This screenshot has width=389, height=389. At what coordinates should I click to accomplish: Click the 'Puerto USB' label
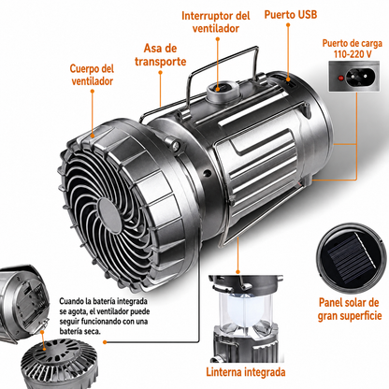coord(291,14)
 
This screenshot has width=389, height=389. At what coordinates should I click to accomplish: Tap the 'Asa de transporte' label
coord(161,55)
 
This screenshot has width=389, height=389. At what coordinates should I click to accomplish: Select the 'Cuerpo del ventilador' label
coord(92,75)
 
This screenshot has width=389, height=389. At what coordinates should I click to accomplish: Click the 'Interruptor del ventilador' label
coord(216,22)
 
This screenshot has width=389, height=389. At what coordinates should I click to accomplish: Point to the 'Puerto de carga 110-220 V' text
coord(353,49)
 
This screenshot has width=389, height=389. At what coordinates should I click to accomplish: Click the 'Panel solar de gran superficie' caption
coord(350,309)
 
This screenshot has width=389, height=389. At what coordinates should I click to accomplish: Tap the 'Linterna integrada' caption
coord(246,372)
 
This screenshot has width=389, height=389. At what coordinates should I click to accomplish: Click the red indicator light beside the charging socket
coord(340,78)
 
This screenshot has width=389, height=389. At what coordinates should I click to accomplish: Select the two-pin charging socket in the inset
coord(361,76)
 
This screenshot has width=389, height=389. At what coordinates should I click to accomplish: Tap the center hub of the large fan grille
coord(109,216)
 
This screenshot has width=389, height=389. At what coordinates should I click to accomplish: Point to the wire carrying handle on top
coord(223,59)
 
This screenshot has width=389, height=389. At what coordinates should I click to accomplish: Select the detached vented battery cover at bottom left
coord(59,364)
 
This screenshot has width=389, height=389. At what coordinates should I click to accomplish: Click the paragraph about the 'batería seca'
coord(104,316)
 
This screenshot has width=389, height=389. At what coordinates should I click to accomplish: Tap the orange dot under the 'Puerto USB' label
coord(288,24)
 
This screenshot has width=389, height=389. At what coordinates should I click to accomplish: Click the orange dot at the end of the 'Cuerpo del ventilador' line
coord(93,91)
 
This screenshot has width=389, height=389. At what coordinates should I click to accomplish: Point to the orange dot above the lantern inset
coord(238,272)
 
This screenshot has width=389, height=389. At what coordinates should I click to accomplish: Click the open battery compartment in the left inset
coord(31,303)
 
